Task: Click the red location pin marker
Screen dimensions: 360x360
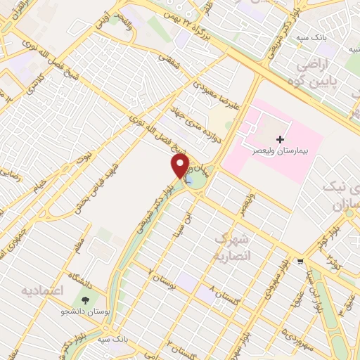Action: point(181,165)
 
